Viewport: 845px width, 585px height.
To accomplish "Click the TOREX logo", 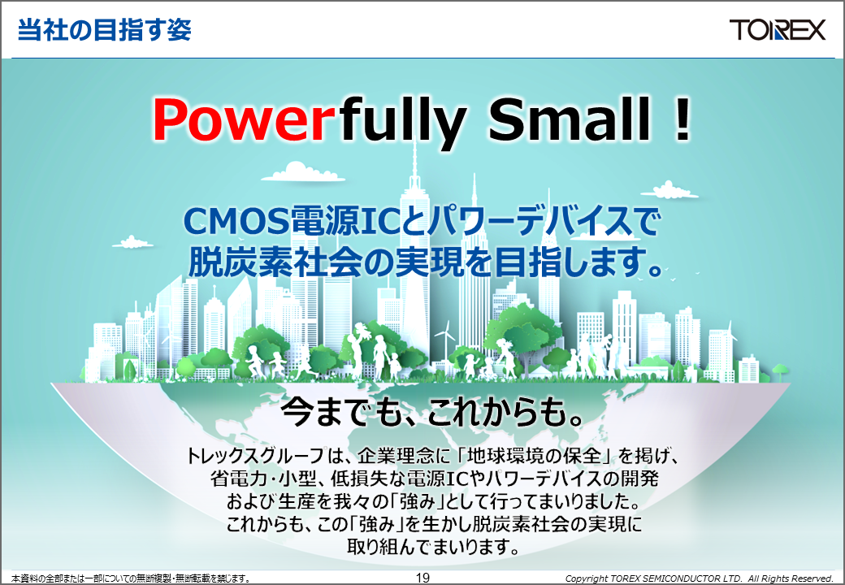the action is [x=777, y=29].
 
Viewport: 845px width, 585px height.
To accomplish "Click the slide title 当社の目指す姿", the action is [x=105, y=29].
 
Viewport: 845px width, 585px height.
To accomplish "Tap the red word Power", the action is [x=240, y=120].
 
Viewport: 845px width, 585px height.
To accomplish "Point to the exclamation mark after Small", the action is [x=682, y=119].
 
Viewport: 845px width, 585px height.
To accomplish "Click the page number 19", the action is [x=422, y=578].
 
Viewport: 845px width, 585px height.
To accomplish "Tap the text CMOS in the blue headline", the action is [x=237, y=221].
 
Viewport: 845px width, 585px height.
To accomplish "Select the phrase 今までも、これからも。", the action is [x=433, y=413].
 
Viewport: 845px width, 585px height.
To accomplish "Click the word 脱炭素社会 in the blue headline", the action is [x=275, y=262].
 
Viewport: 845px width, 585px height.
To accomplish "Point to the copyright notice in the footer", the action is [x=699, y=578].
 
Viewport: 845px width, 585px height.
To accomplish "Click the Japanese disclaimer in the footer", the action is [x=131, y=578].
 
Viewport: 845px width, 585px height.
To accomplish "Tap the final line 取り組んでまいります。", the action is [x=434, y=547].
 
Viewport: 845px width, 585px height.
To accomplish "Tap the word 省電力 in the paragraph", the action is [x=240, y=479].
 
